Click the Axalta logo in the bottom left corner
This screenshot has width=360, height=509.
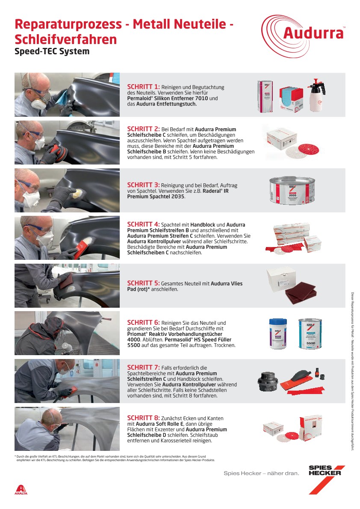pos(21,490)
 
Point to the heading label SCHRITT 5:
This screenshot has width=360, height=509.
pos(143,283)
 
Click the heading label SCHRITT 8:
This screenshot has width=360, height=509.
pos(143,418)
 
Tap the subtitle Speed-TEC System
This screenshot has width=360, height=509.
pos(52,51)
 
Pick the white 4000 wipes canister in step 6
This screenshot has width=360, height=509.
pos(277,334)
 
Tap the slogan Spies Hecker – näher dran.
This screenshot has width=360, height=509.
pos(261,473)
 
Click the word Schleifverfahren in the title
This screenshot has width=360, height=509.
pos(65,39)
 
